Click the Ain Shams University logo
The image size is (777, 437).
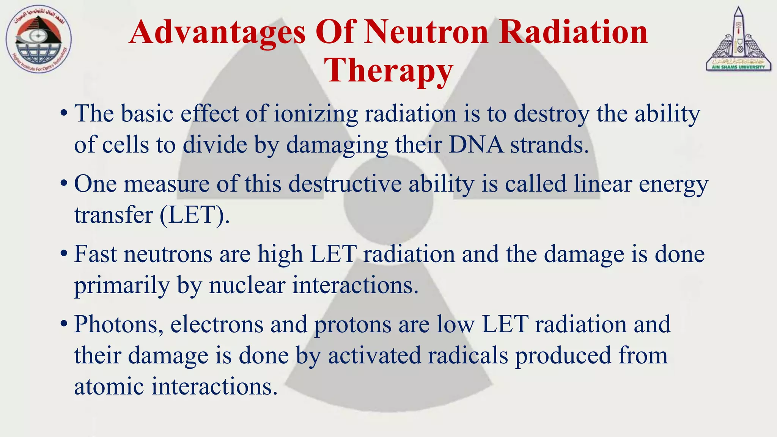738,40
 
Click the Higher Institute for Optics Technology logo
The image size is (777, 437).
39,39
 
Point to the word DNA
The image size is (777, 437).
476,145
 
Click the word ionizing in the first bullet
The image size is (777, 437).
316,114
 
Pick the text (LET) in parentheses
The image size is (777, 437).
195,215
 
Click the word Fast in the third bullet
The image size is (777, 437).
95,254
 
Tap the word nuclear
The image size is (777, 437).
247,285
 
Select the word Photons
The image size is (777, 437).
119,325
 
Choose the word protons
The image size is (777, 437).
353,325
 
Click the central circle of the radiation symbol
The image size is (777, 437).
388,200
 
